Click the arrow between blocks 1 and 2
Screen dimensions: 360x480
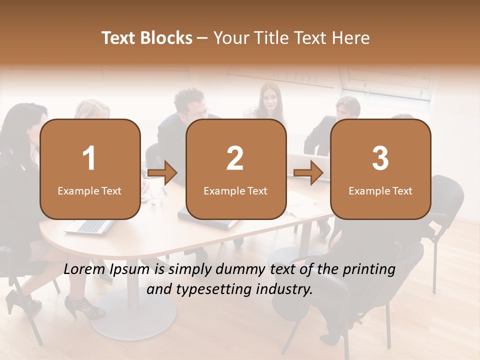(x=163, y=173)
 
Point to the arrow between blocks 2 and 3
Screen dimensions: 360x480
(x=308, y=173)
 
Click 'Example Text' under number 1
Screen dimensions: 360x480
(x=89, y=191)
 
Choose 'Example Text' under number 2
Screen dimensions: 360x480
(x=235, y=191)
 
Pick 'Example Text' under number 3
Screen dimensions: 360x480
(x=380, y=191)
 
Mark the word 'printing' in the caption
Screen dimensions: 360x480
(x=369, y=269)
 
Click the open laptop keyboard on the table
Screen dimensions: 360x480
(x=90, y=226)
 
